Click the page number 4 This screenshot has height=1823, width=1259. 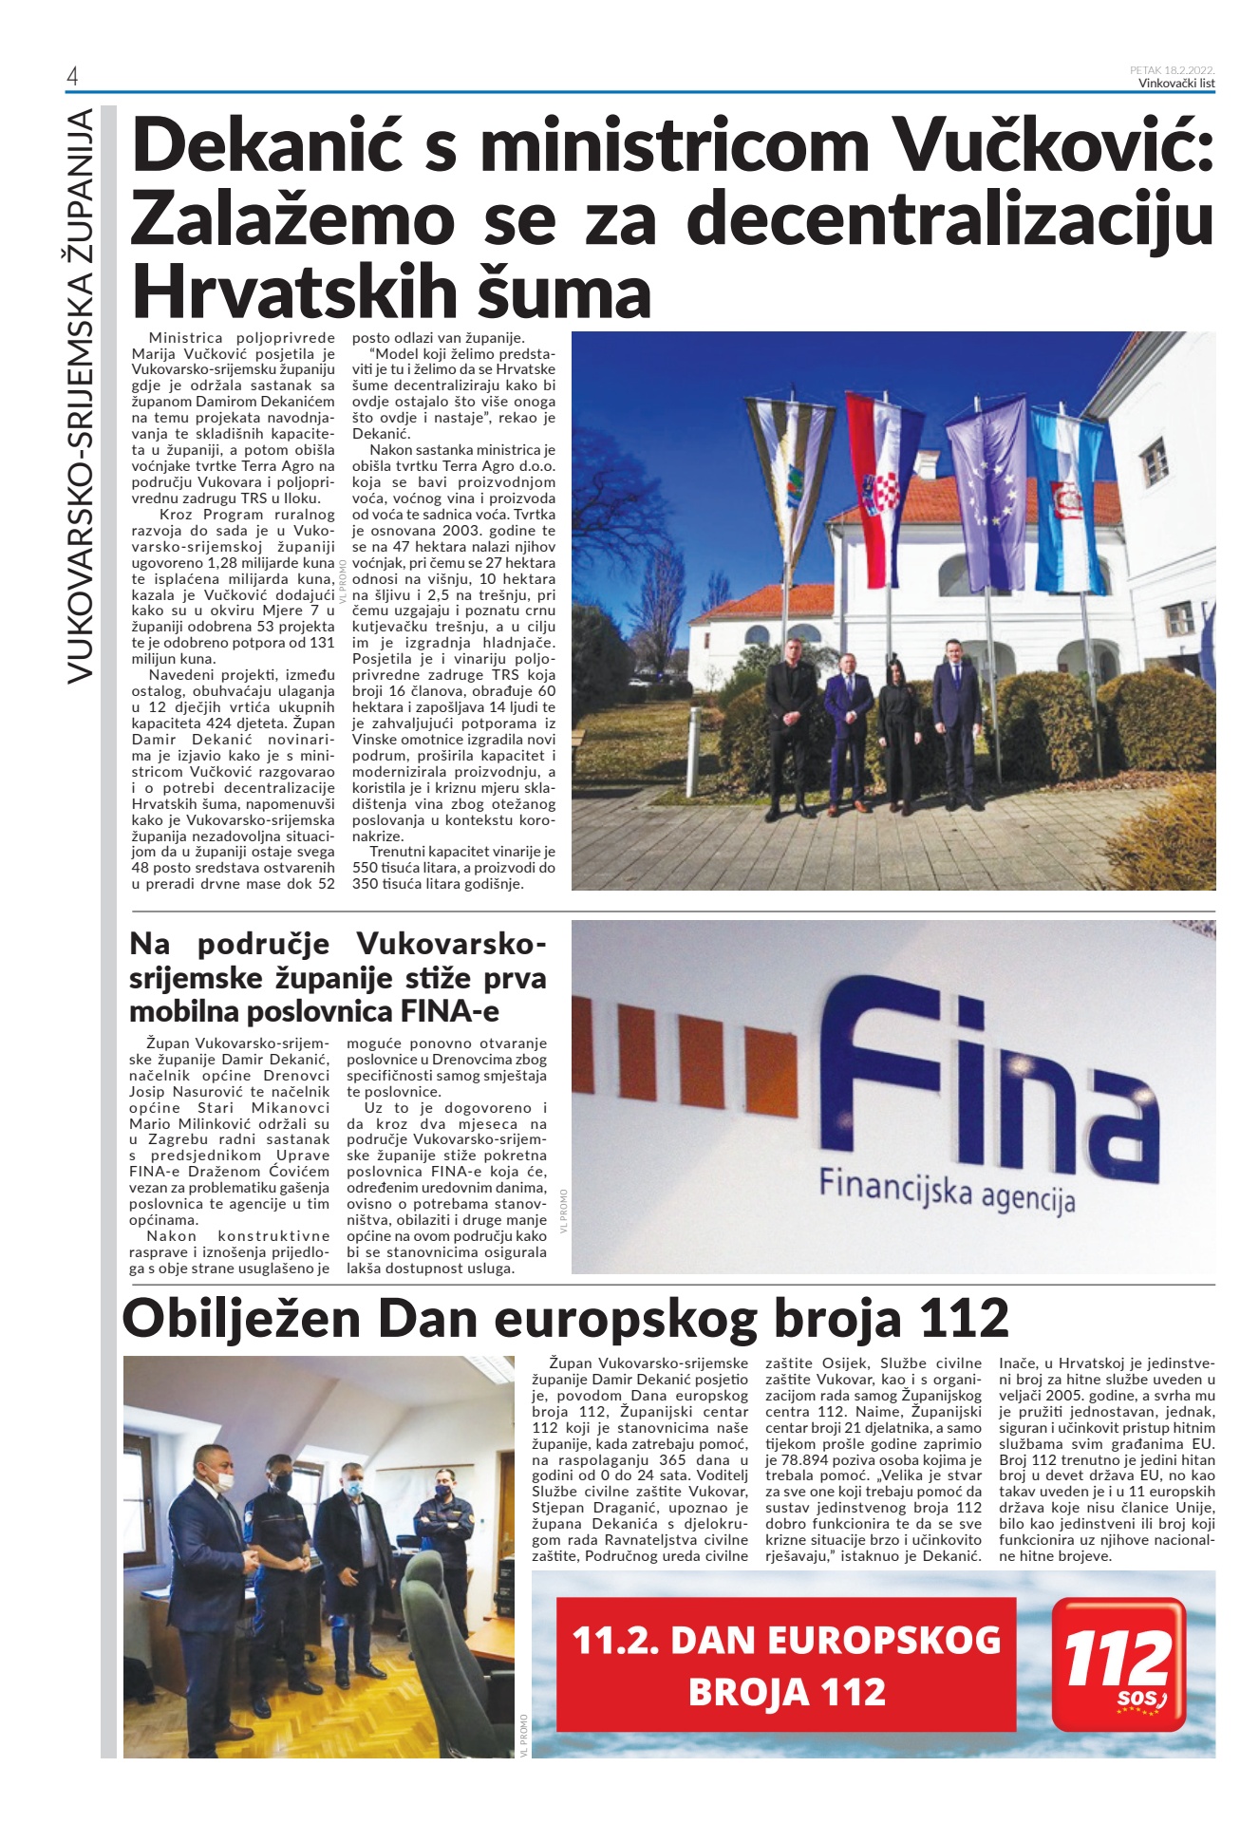(x=72, y=77)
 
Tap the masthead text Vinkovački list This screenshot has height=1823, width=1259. (x=1176, y=83)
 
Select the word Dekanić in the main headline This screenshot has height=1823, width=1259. (x=265, y=147)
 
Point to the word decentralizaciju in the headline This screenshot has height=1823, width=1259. (x=949, y=219)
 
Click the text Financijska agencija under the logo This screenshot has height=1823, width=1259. (x=947, y=1191)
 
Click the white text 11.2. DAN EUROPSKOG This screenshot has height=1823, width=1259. (x=786, y=1640)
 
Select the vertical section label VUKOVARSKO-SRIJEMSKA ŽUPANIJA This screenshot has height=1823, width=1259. (x=81, y=395)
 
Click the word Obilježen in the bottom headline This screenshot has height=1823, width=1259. (x=241, y=1319)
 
